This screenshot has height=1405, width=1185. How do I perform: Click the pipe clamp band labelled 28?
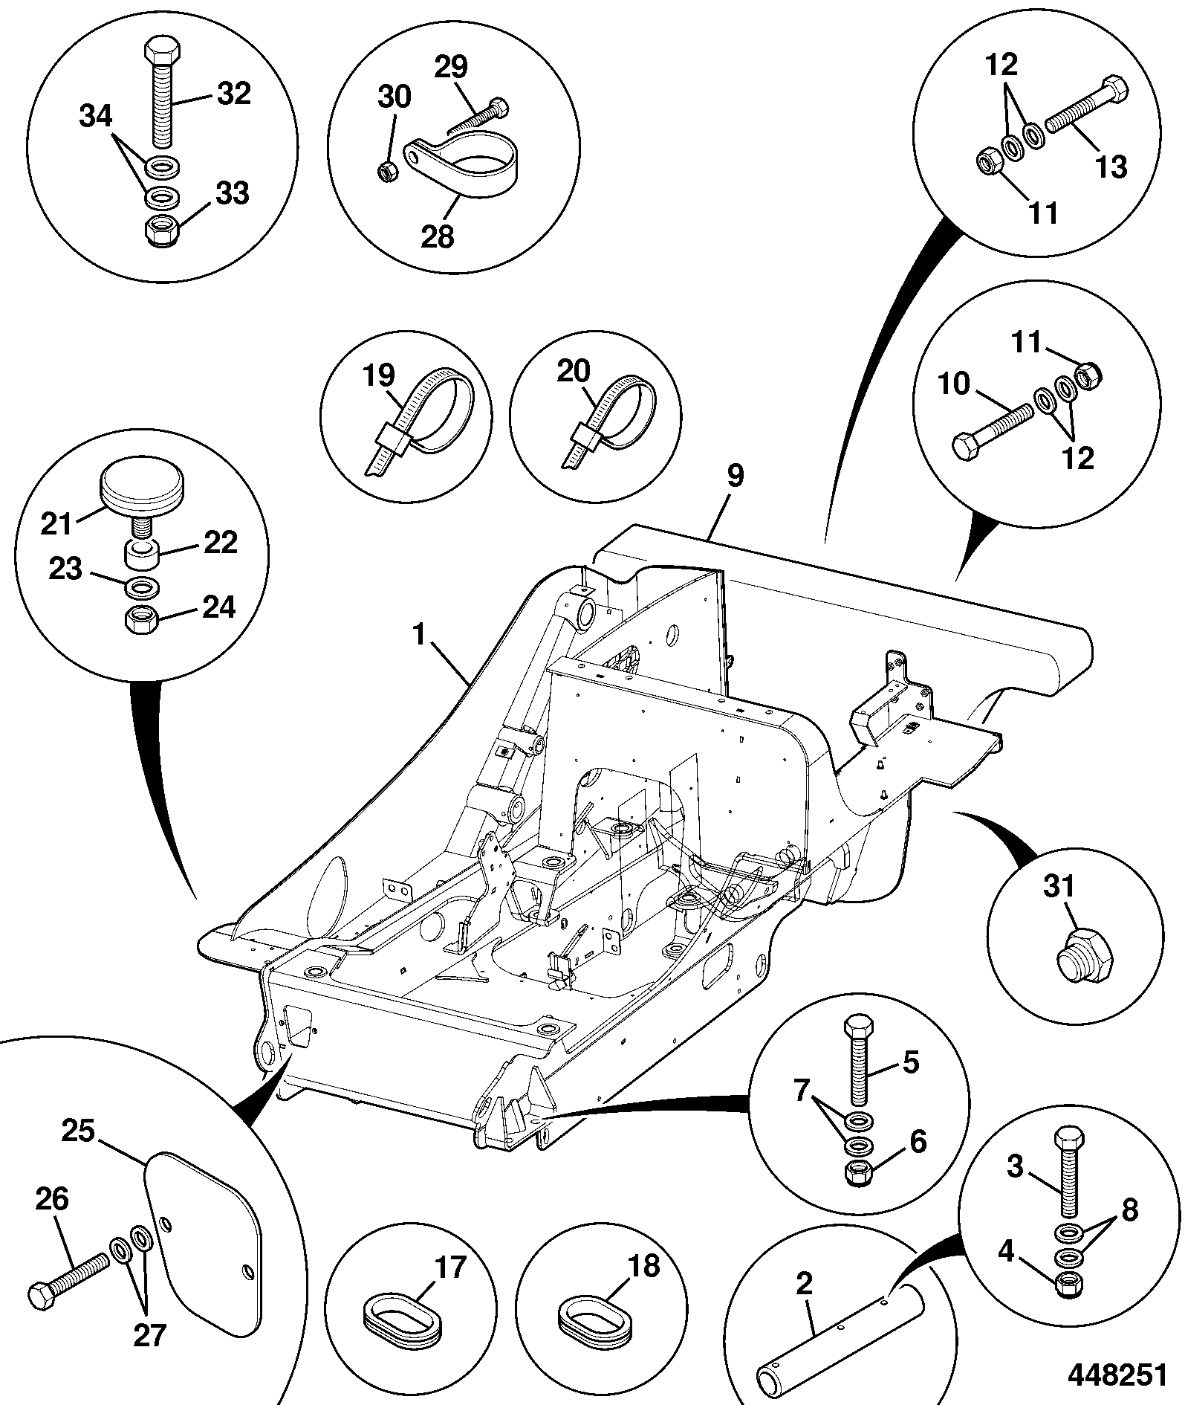pos(462,171)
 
